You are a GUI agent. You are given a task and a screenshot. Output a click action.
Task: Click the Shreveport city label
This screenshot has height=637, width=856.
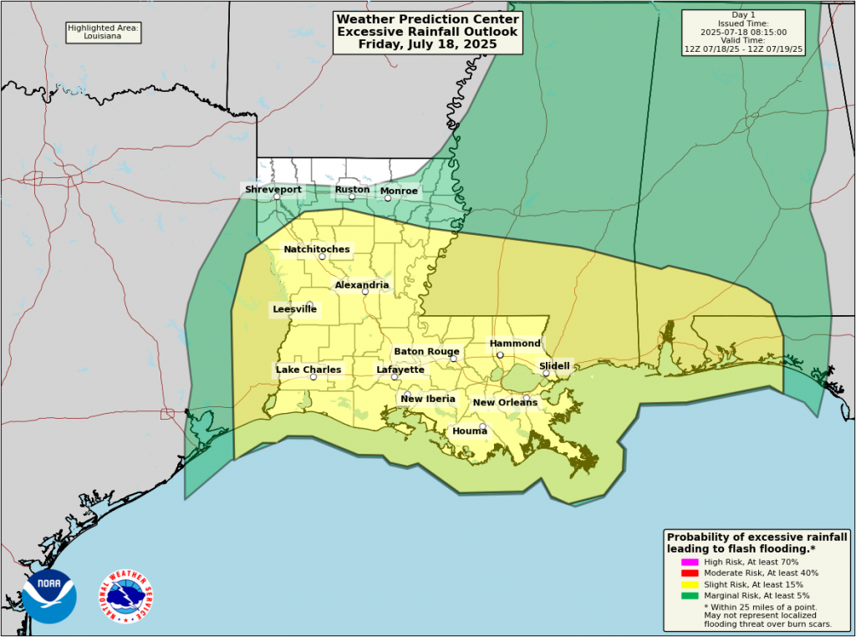tap(273, 190)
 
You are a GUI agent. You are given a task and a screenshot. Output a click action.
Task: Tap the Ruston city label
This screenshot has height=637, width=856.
tap(352, 190)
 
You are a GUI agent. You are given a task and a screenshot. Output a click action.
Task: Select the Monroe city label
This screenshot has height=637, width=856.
tap(399, 191)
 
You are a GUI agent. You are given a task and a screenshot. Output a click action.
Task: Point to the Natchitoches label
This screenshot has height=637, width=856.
tap(317, 249)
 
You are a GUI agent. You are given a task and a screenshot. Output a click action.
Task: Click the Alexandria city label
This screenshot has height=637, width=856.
tap(361, 285)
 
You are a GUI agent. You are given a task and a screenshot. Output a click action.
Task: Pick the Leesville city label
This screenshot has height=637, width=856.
tap(294, 309)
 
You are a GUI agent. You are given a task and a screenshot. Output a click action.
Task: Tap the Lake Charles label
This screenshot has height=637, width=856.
tap(308, 369)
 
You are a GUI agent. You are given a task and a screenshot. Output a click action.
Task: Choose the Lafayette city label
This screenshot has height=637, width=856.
tap(400, 369)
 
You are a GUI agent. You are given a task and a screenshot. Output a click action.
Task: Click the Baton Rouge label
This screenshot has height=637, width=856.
tap(426, 352)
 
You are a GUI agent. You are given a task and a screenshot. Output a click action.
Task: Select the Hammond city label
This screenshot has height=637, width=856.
tap(515, 344)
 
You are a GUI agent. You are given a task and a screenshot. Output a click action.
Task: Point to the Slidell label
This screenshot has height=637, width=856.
tap(554, 366)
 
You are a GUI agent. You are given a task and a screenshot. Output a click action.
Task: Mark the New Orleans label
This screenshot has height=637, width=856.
tap(505, 403)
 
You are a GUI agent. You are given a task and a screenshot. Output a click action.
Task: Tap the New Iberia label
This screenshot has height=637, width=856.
tap(428, 399)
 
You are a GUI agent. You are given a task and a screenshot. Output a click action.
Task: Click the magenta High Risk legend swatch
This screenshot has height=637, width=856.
tap(690, 562)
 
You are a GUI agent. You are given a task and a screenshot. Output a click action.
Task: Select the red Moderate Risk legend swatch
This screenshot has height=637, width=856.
tap(690, 573)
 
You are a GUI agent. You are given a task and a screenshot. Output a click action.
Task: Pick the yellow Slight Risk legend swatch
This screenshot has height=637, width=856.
tap(690, 584)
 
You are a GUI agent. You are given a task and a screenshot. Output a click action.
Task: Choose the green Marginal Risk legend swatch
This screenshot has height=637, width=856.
tap(690, 595)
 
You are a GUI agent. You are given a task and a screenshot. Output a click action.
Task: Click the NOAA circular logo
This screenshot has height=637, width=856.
tap(49, 596)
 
